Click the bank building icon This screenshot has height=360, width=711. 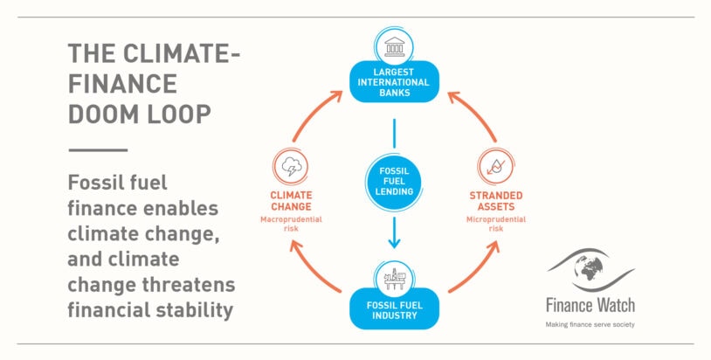pyautogui.click(x=394, y=46)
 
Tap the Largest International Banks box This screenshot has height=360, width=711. pyautogui.click(x=394, y=81)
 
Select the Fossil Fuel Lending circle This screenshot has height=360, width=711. pyautogui.click(x=394, y=182)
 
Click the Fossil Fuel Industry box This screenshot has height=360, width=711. pyautogui.click(x=394, y=309)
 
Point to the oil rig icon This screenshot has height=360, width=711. pyautogui.click(x=394, y=280)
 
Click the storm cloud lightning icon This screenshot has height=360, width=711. pyautogui.click(x=291, y=166)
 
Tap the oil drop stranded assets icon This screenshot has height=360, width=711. pyautogui.click(x=495, y=166)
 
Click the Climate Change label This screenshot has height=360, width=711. pyautogui.click(x=291, y=201)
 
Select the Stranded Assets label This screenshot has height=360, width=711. pyautogui.click(x=496, y=201)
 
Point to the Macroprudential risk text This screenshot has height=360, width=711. pyautogui.click(x=291, y=224)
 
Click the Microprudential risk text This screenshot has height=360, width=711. pyautogui.click(x=496, y=224)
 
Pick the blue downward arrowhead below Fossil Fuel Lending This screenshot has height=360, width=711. pyautogui.click(x=394, y=244)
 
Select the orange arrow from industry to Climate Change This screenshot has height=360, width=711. pyautogui.click(x=314, y=267)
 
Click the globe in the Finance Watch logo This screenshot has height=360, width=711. pyautogui.click(x=589, y=267)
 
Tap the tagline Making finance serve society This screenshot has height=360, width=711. pyautogui.click(x=590, y=325)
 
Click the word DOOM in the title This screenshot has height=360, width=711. pyautogui.click(x=100, y=114)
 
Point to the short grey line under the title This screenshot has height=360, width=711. pyautogui.click(x=98, y=150)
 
